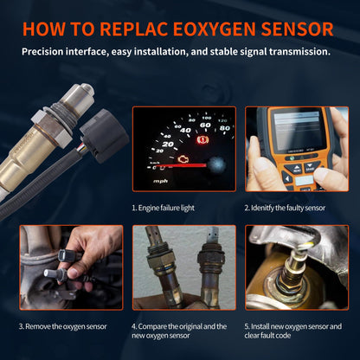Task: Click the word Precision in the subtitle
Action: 47,52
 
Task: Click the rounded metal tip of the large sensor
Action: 84,90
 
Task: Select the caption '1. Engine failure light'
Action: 172,208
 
